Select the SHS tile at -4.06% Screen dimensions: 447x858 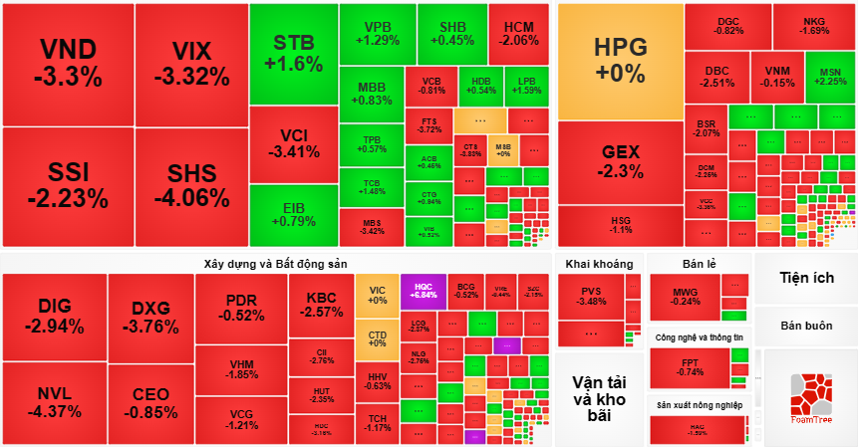(189, 186)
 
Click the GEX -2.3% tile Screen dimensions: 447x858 (620, 161)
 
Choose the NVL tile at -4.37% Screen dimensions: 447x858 (55, 403)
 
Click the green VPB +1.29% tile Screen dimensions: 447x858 (377, 34)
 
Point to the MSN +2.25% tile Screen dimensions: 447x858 (829, 77)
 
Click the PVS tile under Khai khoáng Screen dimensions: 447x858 (591, 296)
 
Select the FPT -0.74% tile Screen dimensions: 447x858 (689, 367)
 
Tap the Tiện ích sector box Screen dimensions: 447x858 (806, 278)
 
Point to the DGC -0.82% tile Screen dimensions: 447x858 (729, 26)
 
